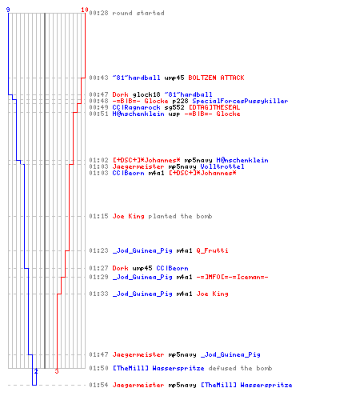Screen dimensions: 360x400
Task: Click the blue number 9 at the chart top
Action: coord(8,10)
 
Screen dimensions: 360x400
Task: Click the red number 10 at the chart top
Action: coord(85,10)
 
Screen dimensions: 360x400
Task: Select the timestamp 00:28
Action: coord(98,13)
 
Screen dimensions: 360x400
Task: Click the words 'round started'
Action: coord(138,13)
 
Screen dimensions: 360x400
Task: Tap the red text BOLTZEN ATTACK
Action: coord(216,78)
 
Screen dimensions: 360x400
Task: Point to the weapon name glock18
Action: coord(146,94)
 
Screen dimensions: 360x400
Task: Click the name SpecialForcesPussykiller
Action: coord(240,101)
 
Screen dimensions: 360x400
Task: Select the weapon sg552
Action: coord(174,107)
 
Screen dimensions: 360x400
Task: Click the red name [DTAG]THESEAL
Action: coord(214,107)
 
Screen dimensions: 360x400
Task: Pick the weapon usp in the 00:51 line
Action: coord(174,114)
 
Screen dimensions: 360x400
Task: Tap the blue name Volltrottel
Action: coord(222,166)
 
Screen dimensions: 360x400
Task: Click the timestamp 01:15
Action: coord(98,216)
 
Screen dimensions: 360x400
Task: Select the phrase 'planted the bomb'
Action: coord(180,216)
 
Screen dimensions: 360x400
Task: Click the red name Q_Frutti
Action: coord(212,250)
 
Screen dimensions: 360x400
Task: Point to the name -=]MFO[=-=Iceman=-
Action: coord(232,277)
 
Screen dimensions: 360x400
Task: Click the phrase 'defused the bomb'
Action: coord(240,368)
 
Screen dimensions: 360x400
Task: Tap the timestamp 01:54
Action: coord(98,385)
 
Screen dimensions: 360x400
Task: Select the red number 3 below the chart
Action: coord(57,371)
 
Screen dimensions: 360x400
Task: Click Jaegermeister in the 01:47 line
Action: coord(138,354)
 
